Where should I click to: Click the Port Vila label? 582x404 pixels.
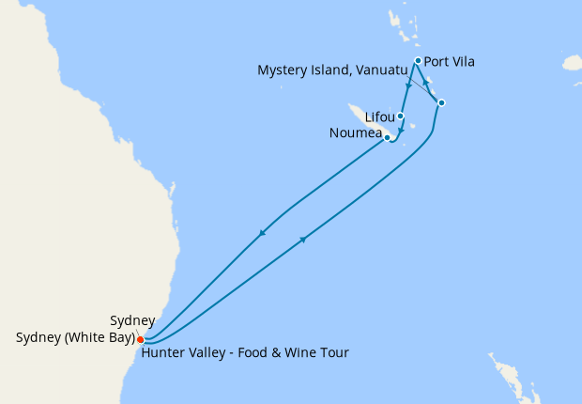click(450, 62)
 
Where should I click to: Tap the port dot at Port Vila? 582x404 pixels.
click(418, 60)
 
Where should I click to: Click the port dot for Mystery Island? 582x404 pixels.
click(441, 102)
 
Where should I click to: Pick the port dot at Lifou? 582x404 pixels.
click(401, 117)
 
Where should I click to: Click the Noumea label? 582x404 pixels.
click(356, 133)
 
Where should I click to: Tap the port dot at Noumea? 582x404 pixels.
click(388, 138)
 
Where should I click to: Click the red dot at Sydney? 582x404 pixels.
click(140, 339)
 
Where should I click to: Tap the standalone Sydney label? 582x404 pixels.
click(132, 321)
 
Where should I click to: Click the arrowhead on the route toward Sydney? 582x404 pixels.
click(262, 233)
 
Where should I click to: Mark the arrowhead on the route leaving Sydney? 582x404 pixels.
click(302, 241)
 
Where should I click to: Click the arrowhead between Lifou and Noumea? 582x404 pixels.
click(401, 131)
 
